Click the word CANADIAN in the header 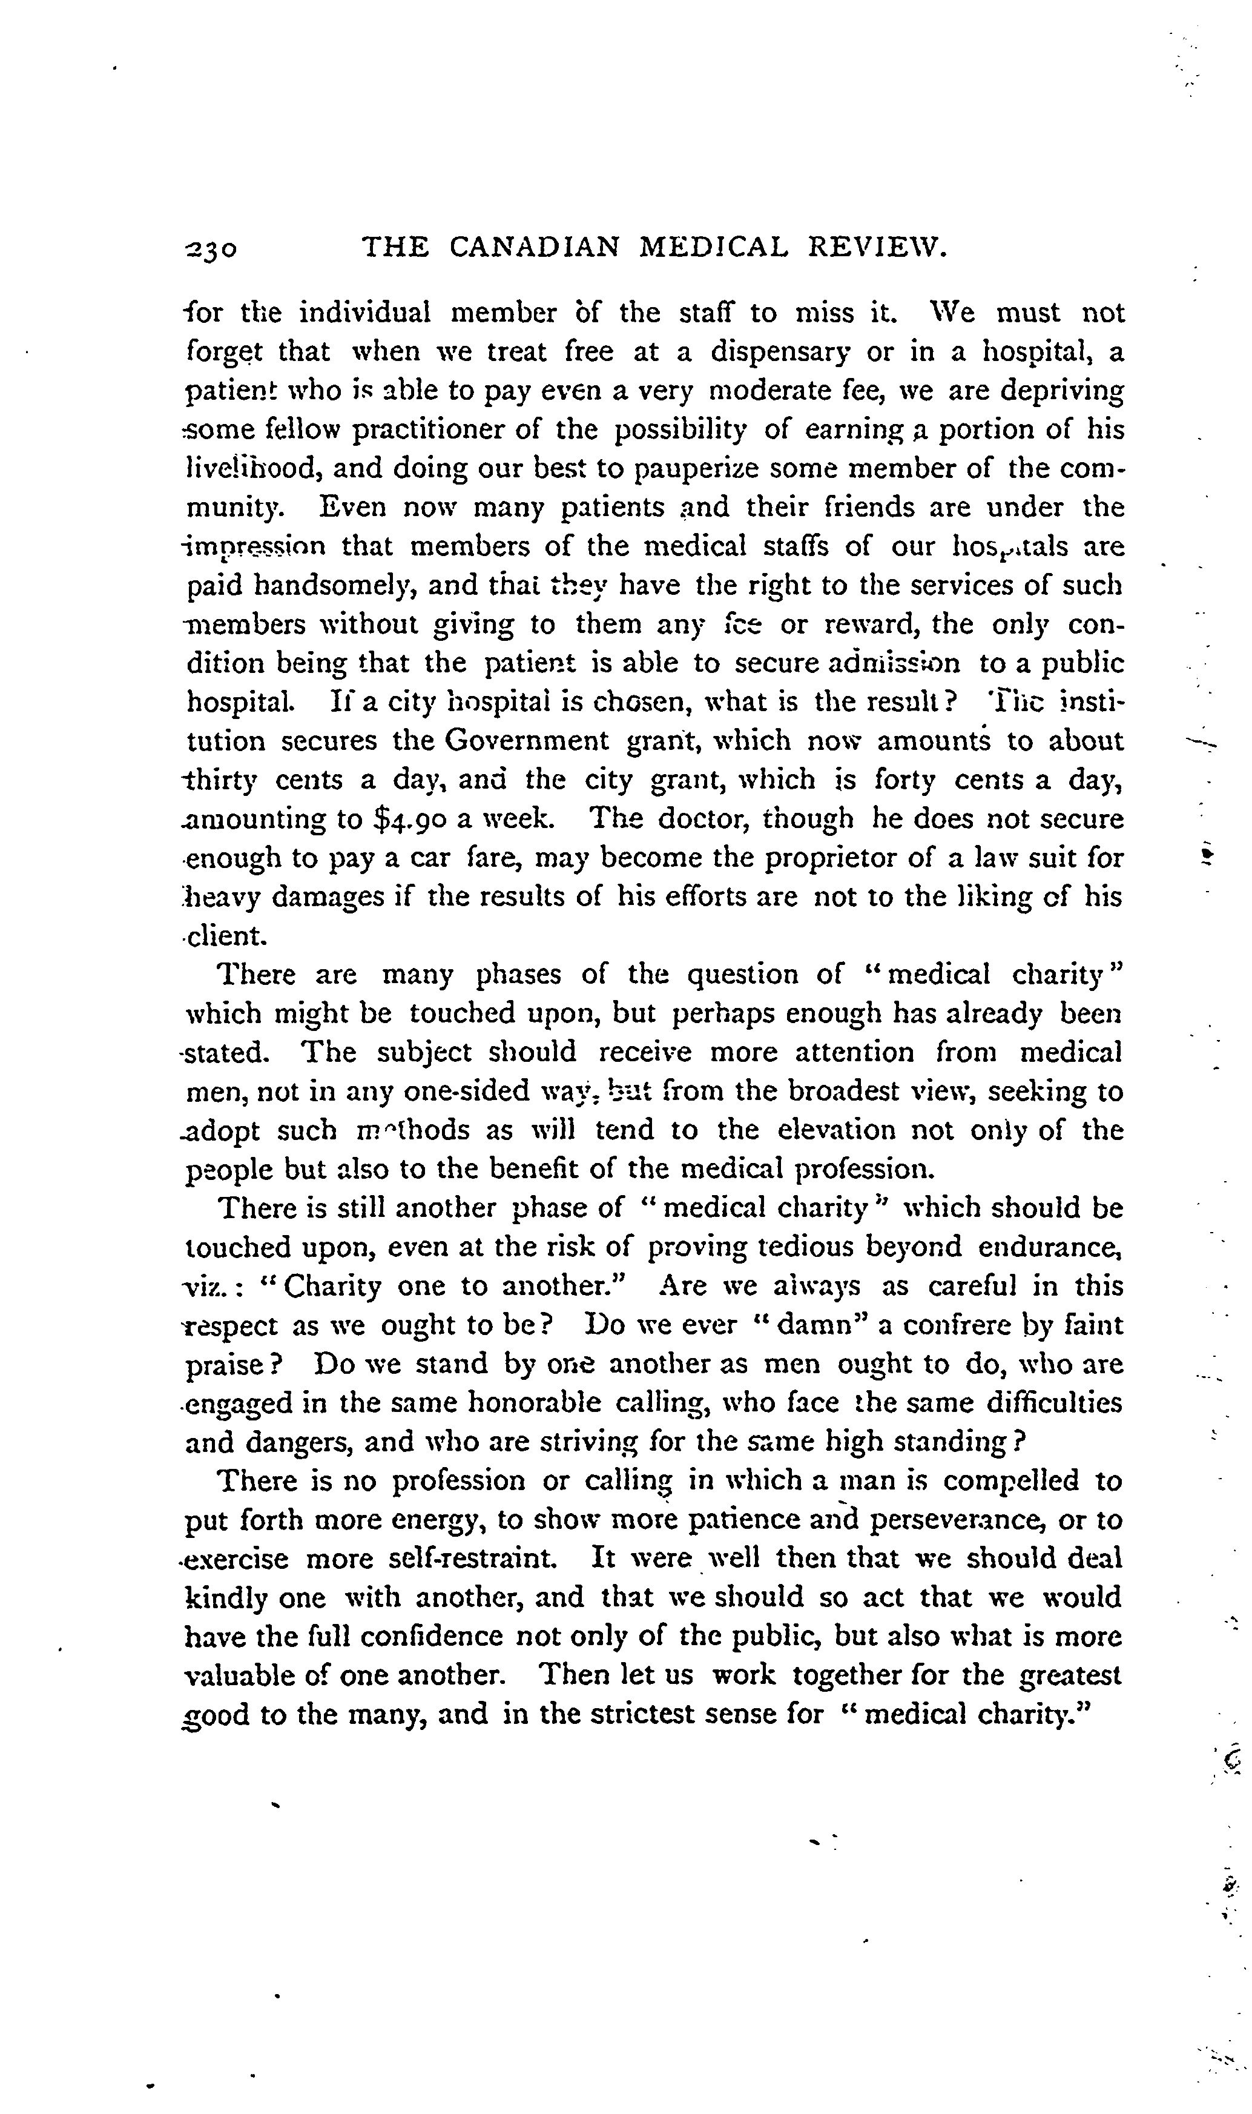coord(534,247)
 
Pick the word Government coord(527,741)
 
